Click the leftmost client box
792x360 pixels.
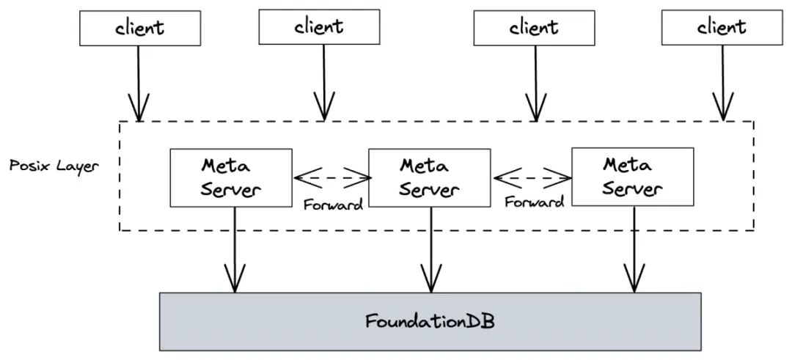tap(139, 29)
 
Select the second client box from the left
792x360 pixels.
tap(319, 28)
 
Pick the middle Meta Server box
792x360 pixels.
tap(429, 177)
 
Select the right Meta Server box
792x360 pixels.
tap(632, 176)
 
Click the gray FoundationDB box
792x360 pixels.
tap(430, 321)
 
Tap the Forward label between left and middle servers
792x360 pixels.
tap(333, 205)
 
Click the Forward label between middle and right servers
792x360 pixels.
tap(534, 202)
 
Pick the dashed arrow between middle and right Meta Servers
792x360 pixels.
tap(533, 177)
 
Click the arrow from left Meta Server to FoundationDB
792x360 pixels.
tap(235, 249)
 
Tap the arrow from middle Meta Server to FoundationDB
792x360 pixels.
tap(428, 249)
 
